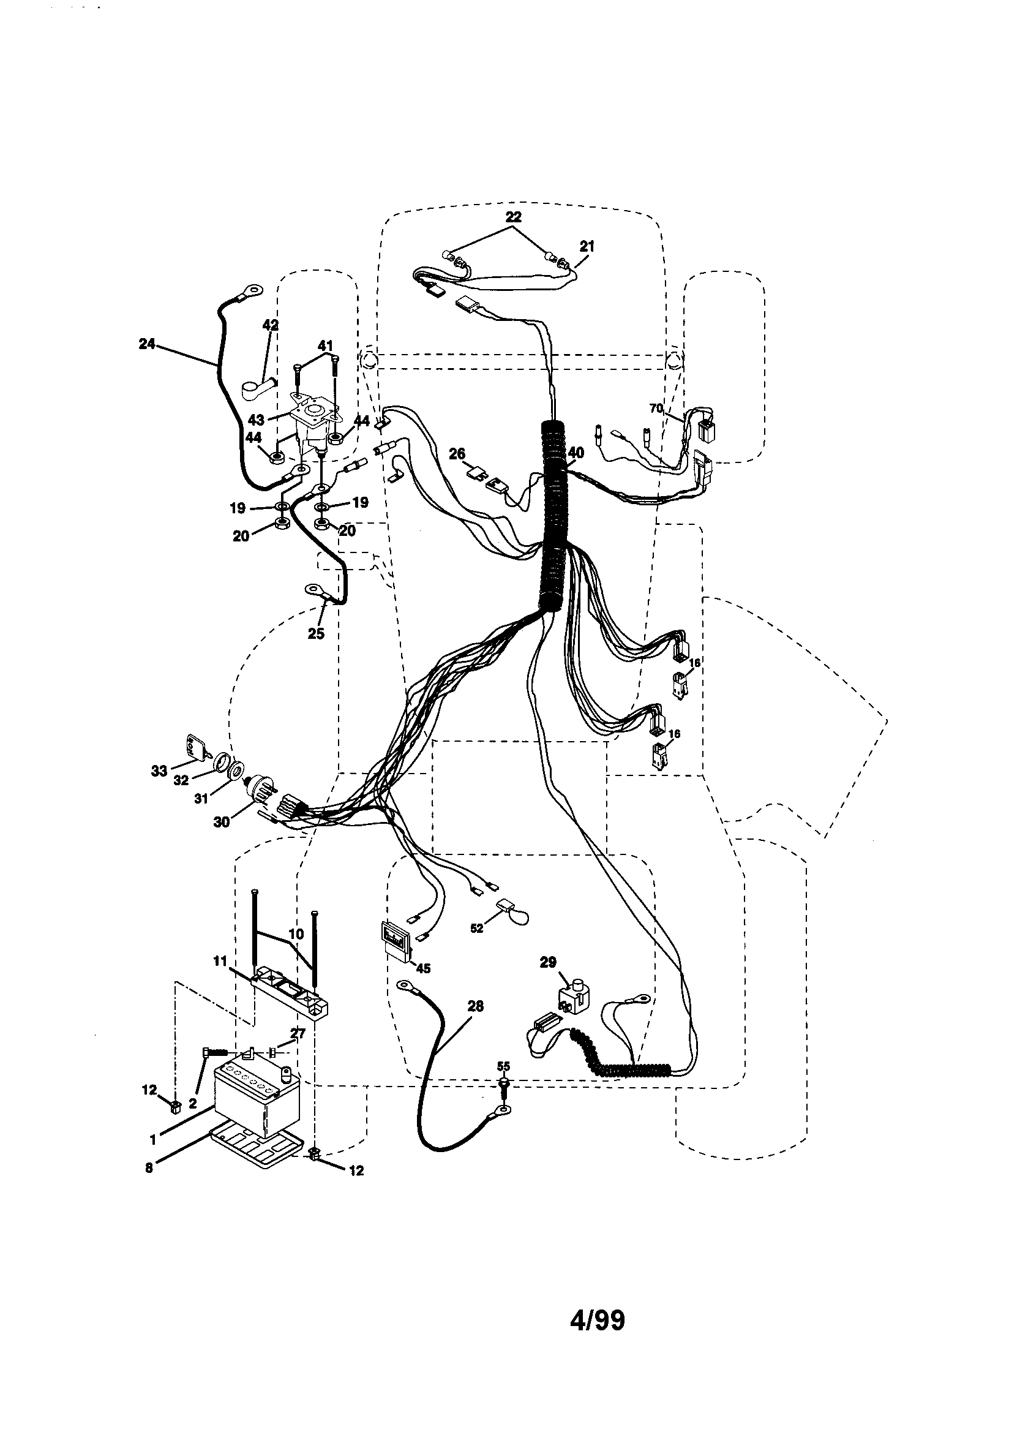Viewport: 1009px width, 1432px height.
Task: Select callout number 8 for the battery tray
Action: tap(148, 1168)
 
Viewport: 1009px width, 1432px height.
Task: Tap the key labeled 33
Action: tap(195, 747)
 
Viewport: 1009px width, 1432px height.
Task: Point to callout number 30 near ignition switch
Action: tap(222, 822)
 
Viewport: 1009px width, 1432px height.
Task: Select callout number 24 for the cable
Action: tap(147, 344)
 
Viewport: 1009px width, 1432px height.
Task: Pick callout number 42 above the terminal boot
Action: tap(271, 325)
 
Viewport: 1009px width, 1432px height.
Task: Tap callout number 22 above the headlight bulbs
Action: tap(513, 217)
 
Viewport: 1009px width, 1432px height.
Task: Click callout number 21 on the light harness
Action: tap(587, 246)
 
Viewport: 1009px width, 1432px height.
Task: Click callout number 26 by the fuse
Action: tap(457, 453)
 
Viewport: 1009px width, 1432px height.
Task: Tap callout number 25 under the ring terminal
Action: tap(316, 634)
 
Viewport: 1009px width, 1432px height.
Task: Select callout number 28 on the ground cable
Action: tap(475, 1006)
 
